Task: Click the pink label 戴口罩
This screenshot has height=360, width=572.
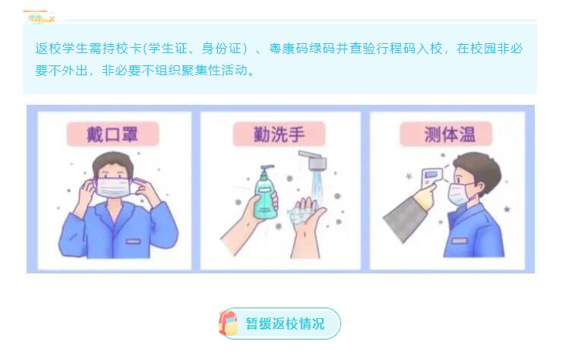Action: click(112, 134)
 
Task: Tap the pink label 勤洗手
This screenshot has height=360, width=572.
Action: click(279, 134)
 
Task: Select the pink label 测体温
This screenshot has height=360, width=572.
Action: click(446, 134)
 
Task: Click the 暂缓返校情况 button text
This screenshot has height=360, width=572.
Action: click(285, 324)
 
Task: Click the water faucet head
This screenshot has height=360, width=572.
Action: click(314, 160)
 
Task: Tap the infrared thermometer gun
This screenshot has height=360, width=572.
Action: click(431, 178)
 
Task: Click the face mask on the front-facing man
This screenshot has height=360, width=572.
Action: click(113, 188)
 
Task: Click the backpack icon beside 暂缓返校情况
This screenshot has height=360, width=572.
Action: click(228, 323)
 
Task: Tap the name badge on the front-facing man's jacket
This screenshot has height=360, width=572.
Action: click(133, 242)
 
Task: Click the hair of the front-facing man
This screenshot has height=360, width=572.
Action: click(112, 163)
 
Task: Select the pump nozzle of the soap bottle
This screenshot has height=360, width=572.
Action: click(267, 169)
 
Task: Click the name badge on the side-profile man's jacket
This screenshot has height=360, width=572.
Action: click(460, 241)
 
